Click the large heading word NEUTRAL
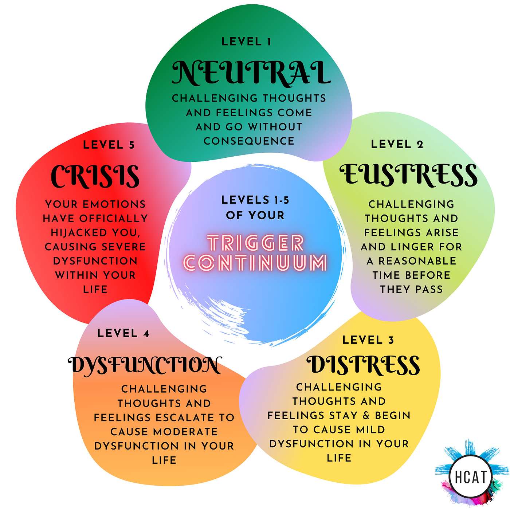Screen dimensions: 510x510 tap(251, 73)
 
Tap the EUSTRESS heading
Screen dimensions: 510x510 tap(409, 175)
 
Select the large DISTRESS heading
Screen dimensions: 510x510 tap(364, 364)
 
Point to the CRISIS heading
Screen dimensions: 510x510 tap(95, 176)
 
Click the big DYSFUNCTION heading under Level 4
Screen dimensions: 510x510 tap(145, 365)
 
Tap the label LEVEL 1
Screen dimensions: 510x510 tap(246, 42)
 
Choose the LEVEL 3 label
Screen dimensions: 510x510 tap(368, 340)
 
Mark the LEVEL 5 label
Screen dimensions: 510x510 tap(109, 145)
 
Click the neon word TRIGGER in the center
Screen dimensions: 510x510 tap(255, 243)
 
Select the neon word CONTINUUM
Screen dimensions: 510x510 tap(255, 262)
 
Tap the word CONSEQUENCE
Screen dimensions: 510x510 tap(249, 141)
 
